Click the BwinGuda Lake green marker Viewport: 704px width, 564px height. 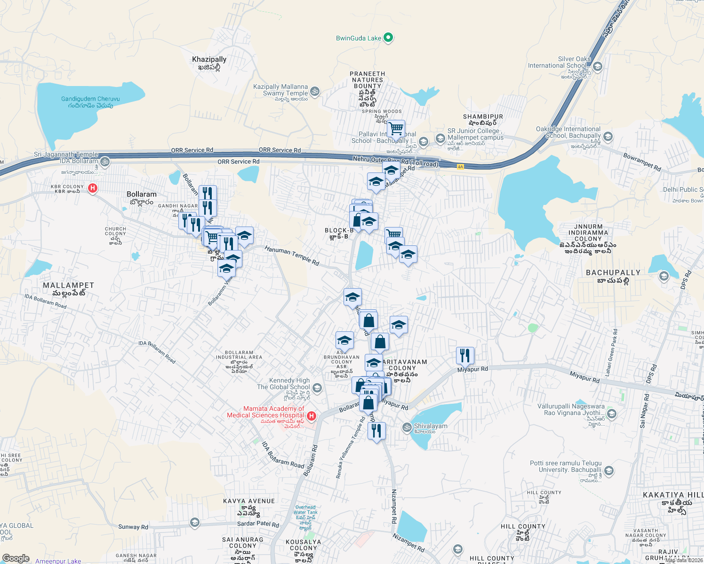point(388,38)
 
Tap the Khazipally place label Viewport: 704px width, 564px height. point(209,59)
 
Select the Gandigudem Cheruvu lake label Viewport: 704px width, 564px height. point(90,99)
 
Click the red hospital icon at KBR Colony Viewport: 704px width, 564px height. point(93,188)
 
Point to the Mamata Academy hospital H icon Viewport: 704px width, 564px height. point(311,416)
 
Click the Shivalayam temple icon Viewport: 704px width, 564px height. point(407,427)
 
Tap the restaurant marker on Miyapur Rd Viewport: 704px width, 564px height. point(465,355)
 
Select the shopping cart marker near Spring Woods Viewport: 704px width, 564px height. point(396,128)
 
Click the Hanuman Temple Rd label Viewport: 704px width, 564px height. point(292,256)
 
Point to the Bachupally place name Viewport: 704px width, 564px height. point(613,273)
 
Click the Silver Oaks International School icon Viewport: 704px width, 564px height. point(598,66)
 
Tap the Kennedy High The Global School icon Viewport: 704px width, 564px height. point(317,388)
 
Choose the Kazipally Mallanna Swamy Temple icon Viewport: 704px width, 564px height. point(315,91)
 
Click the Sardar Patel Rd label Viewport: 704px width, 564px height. point(258,524)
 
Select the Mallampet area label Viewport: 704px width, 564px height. point(69,285)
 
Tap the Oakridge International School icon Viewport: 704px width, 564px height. point(608,137)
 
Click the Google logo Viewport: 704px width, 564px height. point(16,558)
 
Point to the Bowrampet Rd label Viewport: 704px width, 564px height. point(642,162)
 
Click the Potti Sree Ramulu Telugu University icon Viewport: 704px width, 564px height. point(609,470)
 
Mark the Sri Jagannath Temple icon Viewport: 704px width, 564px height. point(104,162)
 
